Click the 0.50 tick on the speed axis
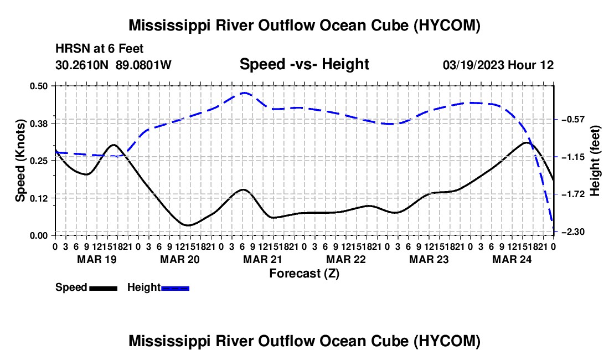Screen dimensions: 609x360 pyautogui.click(x=39, y=86)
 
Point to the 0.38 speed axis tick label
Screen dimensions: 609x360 pyautogui.click(x=39, y=124)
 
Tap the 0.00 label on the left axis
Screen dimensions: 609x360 pyautogui.click(x=39, y=236)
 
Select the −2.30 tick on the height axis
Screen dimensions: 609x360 pyautogui.click(x=573, y=232)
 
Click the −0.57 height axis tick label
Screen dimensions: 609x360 pyautogui.click(x=573, y=119)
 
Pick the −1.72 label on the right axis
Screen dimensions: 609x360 pyautogui.click(x=573, y=194)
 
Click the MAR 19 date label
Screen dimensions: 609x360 pyautogui.click(x=97, y=259)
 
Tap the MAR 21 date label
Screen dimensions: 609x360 pyautogui.click(x=262, y=259)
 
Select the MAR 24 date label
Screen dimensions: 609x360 pyautogui.click(x=512, y=259)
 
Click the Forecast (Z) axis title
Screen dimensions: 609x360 pyautogui.click(x=304, y=274)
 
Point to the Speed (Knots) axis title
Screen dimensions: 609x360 pyautogui.click(x=20, y=161)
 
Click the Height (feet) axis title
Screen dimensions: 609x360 pyautogui.click(x=595, y=161)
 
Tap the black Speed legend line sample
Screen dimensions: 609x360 pyautogui.click(x=104, y=289)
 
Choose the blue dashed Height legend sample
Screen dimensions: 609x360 pyautogui.click(x=175, y=289)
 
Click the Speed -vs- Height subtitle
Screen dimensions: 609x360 pyautogui.click(x=304, y=64)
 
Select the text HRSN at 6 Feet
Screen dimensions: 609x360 pyautogui.click(x=100, y=49)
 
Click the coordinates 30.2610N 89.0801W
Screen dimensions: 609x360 pyautogui.click(x=113, y=65)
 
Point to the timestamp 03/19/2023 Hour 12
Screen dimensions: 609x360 pyautogui.click(x=498, y=65)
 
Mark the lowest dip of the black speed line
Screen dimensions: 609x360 pyautogui.click(x=188, y=225)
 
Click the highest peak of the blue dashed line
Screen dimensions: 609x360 pyautogui.click(x=244, y=93)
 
